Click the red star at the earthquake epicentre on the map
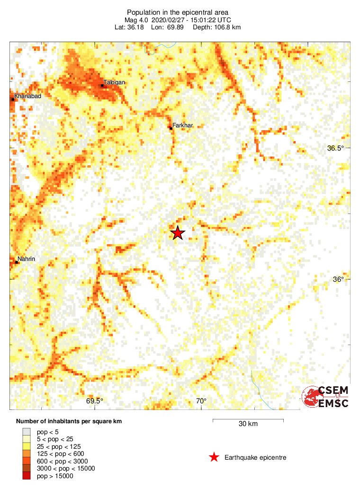point(177,233)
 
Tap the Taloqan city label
point(114,82)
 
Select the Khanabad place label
point(28,97)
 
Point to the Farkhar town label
point(183,125)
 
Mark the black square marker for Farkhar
point(171,128)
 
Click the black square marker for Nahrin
point(17,262)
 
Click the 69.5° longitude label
point(95,401)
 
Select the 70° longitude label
point(201,401)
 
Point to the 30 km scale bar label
point(248,424)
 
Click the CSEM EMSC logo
point(326,397)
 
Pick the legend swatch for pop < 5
point(27,432)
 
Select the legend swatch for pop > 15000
point(27,476)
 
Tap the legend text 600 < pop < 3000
point(62,461)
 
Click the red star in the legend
point(214,457)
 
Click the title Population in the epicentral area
point(178,12)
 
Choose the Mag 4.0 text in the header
point(136,20)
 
